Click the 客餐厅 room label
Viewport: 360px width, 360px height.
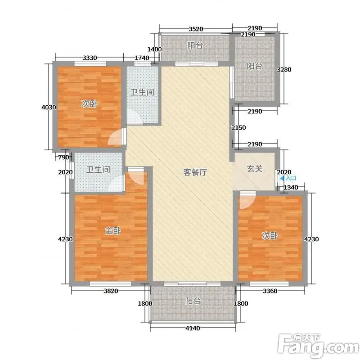[x=195, y=172]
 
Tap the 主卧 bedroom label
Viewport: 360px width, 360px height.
[x=113, y=231]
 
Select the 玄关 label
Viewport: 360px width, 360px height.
[x=255, y=169]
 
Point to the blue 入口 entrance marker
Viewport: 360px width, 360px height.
[x=288, y=178]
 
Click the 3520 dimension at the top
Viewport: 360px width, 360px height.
[x=196, y=29]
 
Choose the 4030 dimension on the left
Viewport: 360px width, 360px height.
[x=49, y=107]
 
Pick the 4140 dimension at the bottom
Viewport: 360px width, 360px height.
[x=193, y=328]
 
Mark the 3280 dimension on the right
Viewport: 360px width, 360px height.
[x=284, y=69]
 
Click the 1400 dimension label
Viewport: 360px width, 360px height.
[x=154, y=49]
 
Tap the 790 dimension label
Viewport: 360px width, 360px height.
[x=63, y=157]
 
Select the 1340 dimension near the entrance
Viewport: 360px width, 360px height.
[x=291, y=188]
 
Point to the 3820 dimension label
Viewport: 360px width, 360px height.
[x=111, y=291]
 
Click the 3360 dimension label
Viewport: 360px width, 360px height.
[x=270, y=291]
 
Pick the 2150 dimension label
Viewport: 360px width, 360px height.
[x=238, y=127]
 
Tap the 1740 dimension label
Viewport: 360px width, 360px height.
[x=142, y=58]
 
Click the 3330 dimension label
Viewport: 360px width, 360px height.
[x=90, y=58]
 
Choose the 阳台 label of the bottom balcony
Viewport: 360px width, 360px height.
[x=193, y=301]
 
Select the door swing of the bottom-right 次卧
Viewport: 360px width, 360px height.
[x=247, y=201]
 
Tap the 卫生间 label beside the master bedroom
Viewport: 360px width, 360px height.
[x=98, y=170]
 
